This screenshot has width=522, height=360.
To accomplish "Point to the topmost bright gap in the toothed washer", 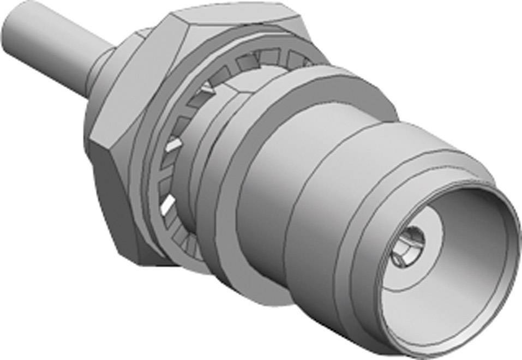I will click(x=206, y=86).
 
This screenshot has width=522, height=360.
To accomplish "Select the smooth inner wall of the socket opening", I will click(x=464, y=218).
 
